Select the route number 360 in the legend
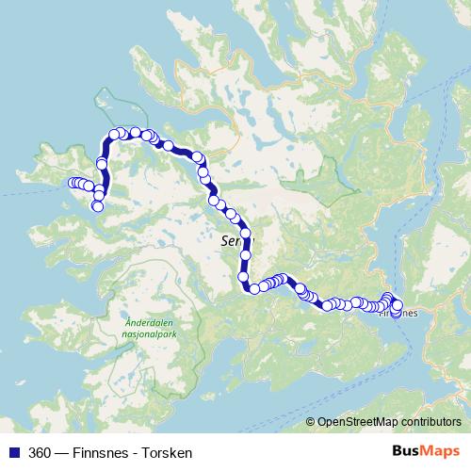click(x=41, y=453)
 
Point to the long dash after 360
click(x=63, y=453)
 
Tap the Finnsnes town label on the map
click(x=399, y=315)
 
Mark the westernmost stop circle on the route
click(x=73, y=183)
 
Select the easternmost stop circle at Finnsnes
click(x=397, y=305)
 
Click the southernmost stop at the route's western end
click(x=98, y=205)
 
